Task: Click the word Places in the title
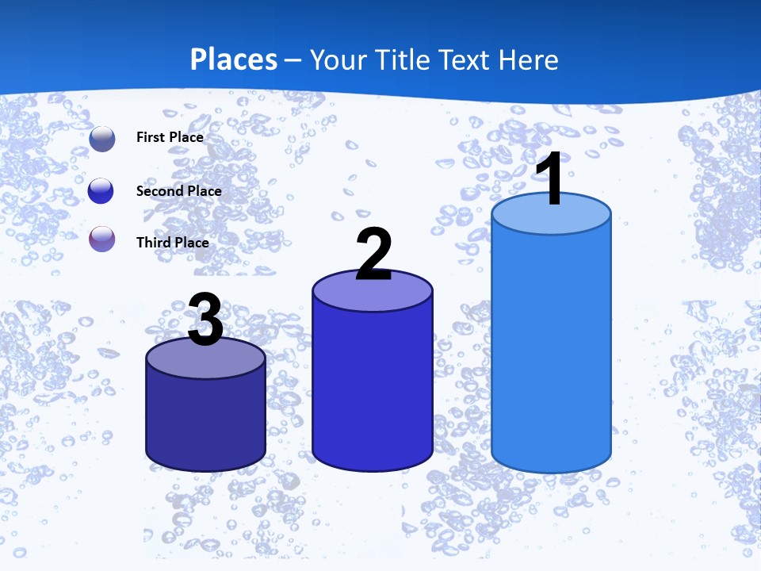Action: point(234,59)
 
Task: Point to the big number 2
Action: point(373,254)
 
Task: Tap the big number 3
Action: point(205,319)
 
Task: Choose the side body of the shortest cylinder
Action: point(205,420)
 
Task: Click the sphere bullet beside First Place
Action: point(102,138)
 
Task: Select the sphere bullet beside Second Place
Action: point(101,190)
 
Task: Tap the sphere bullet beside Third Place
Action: point(102,239)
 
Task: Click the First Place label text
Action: point(170,137)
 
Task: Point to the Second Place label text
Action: point(178,190)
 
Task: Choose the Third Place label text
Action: point(173,242)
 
